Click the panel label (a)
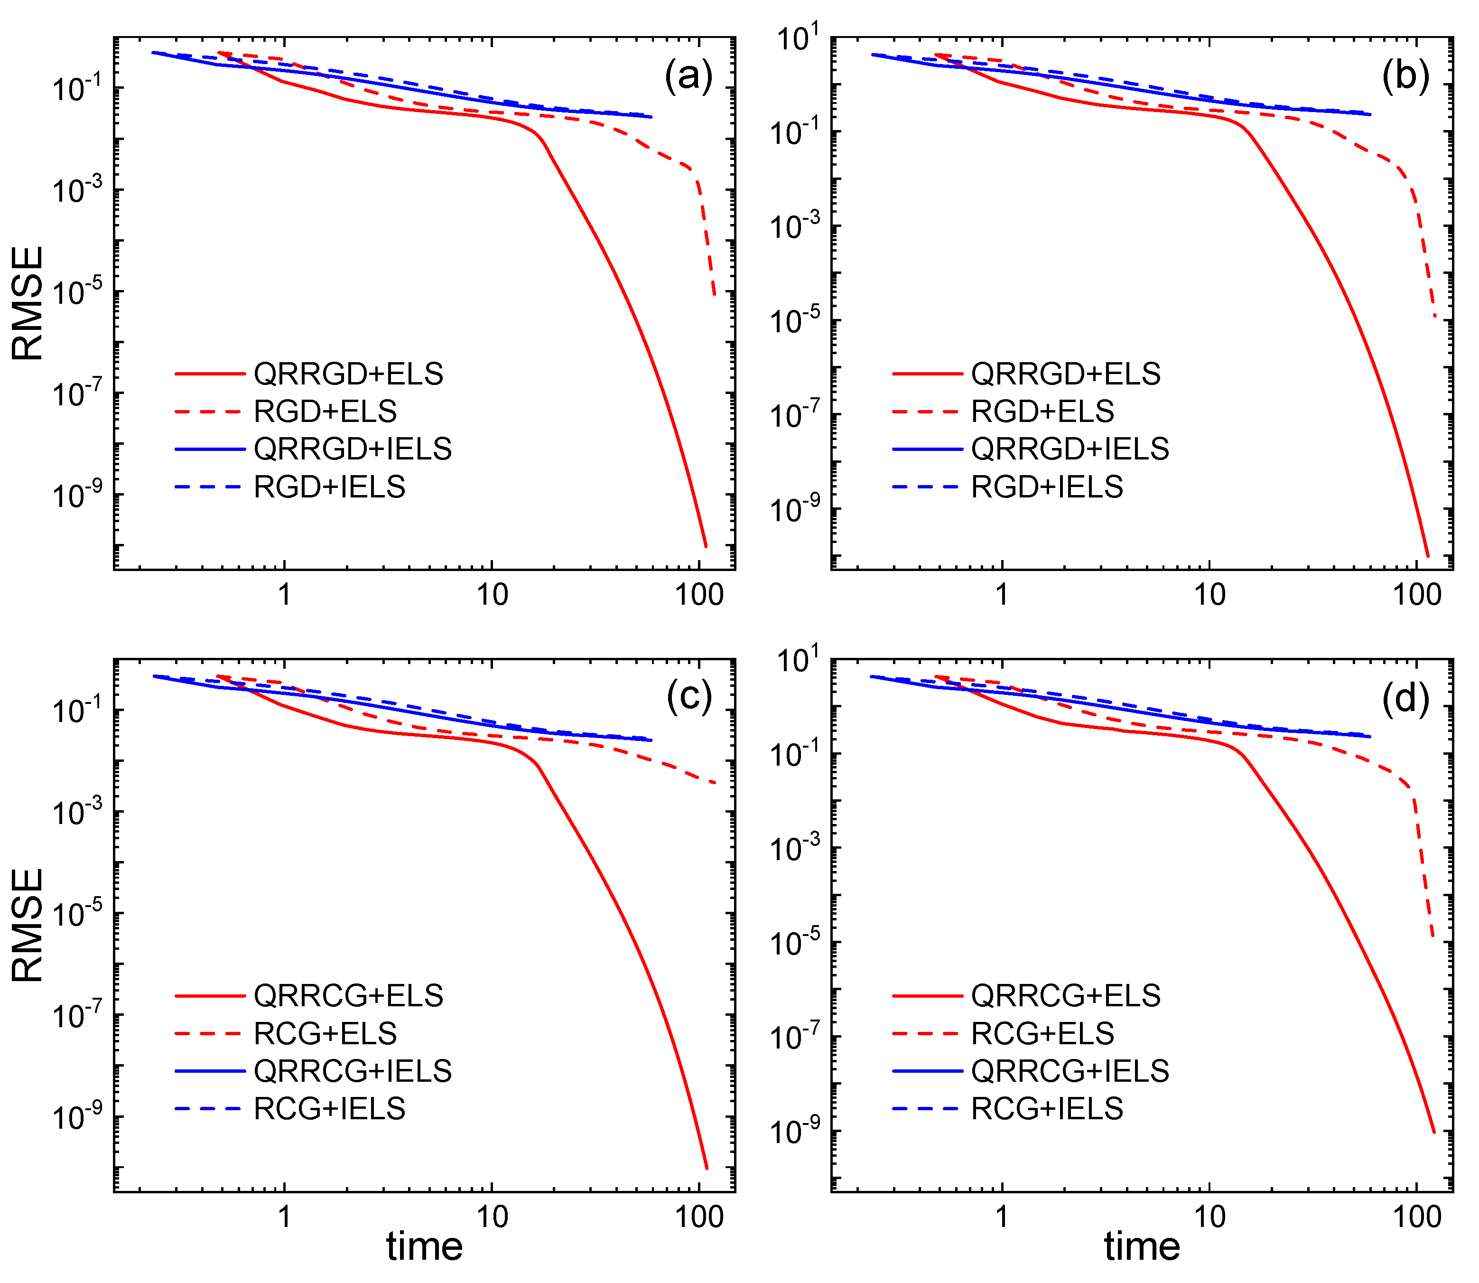click(x=688, y=75)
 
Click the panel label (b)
click(x=1405, y=75)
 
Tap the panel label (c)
click(x=688, y=696)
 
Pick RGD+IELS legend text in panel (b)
click(x=1047, y=487)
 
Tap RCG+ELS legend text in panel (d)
click(x=1042, y=1033)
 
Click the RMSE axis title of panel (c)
click(x=28, y=925)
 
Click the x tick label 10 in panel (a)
click(x=492, y=595)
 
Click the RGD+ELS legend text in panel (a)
click(x=326, y=412)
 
